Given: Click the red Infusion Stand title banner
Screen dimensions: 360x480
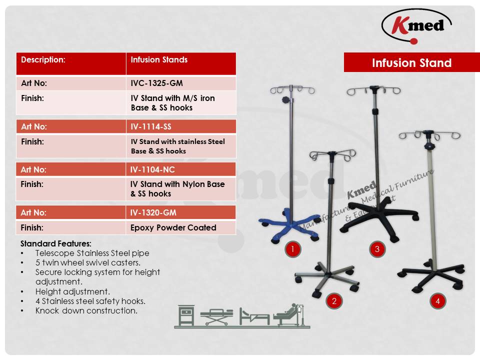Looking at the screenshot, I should (x=411, y=62).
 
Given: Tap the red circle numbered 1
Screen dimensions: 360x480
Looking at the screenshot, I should (x=292, y=249).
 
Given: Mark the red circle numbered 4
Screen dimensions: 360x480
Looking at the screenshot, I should (x=437, y=301).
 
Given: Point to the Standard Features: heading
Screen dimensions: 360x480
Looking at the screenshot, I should (x=56, y=243).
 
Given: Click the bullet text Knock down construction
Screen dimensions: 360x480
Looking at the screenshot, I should (x=86, y=310).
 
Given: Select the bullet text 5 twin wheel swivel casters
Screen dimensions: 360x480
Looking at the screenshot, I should (x=87, y=262).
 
